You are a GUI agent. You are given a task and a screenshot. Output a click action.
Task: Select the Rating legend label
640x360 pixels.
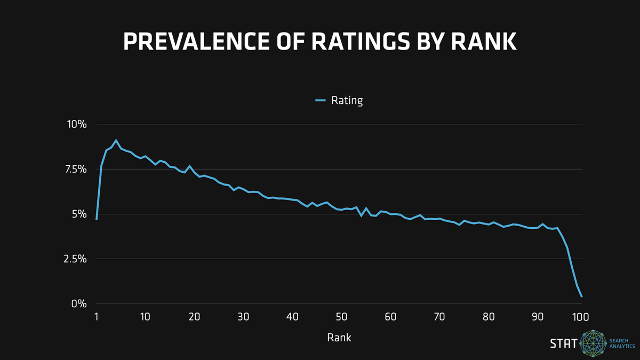click(x=347, y=100)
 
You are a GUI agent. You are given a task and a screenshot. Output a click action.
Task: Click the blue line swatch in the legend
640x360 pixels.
click(x=320, y=100)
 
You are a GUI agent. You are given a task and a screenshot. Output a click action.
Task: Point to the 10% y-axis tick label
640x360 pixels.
click(x=76, y=124)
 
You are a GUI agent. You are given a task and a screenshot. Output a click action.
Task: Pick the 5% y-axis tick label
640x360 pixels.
click(x=79, y=214)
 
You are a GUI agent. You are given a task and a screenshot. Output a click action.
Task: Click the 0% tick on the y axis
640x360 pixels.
click(x=79, y=303)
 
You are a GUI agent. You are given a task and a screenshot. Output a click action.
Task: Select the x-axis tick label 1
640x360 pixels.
click(x=97, y=316)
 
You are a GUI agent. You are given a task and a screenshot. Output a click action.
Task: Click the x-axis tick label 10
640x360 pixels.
click(x=145, y=316)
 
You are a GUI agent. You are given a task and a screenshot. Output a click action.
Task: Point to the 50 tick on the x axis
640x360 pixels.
click(x=341, y=316)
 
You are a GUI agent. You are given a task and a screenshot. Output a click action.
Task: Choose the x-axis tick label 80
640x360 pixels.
click(x=489, y=316)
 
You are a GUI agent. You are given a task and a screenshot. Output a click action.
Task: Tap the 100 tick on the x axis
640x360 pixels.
click(x=580, y=316)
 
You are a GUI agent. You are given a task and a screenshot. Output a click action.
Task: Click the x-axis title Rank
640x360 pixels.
click(x=339, y=337)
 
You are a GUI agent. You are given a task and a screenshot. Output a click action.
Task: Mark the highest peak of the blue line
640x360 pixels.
click(x=116, y=140)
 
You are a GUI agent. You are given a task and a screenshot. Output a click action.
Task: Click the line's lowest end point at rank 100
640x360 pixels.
click(x=581, y=297)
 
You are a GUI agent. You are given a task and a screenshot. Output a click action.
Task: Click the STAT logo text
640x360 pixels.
click(x=563, y=343)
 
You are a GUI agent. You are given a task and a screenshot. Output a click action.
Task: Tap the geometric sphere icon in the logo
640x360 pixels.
click(x=594, y=343)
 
